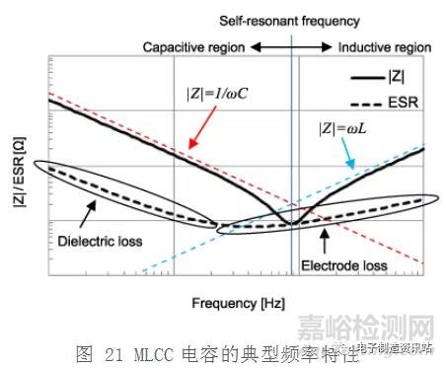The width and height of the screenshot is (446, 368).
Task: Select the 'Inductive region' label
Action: [384, 46]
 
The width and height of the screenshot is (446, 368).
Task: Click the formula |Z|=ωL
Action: [344, 126]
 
